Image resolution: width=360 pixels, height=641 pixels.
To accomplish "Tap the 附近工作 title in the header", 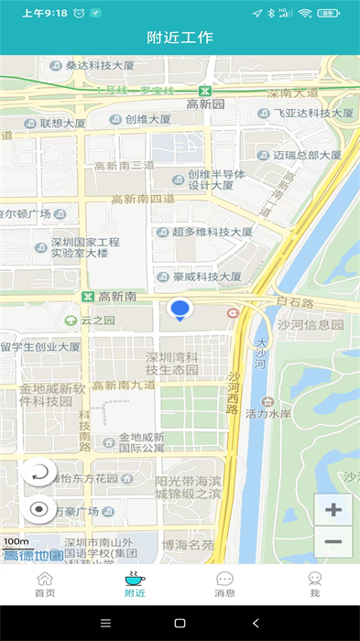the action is point(180,38).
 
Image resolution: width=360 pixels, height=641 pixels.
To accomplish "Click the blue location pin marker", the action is point(180,310).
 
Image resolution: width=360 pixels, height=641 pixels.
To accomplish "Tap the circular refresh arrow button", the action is point(39,473).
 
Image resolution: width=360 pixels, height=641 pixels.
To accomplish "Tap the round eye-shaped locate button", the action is point(39,509).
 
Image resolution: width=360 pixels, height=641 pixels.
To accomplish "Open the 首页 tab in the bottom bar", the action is point(45,584).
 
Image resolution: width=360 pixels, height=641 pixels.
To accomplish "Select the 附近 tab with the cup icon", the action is point(135,584).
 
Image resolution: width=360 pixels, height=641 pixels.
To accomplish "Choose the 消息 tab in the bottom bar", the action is point(224,584).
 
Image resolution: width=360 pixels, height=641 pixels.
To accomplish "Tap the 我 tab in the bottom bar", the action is point(314,584).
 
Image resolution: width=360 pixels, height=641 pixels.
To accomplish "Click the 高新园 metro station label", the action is point(205,103).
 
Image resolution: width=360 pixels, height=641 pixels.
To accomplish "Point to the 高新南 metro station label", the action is point(116,297).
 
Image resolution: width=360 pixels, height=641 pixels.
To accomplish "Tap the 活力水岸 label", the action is point(295,413).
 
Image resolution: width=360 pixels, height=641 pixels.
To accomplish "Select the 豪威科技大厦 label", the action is point(206,276).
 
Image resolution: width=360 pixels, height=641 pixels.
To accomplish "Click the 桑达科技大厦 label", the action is point(100,65).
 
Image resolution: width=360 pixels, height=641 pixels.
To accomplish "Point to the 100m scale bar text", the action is point(16,542).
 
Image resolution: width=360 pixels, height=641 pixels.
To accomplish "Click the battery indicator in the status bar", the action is point(328,13).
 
